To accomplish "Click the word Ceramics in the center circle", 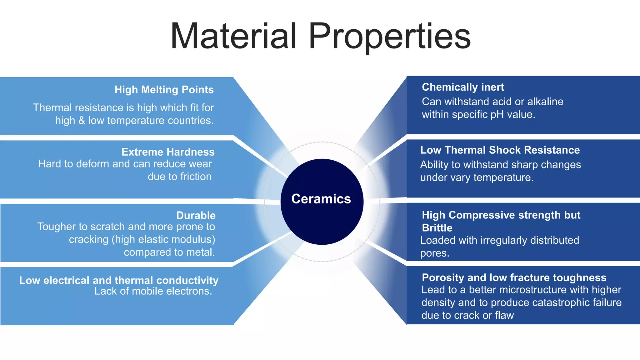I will pyautogui.click(x=321, y=199).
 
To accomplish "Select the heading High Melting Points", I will pyautogui.click(x=164, y=90).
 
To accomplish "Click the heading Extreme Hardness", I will pyautogui.click(x=168, y=152).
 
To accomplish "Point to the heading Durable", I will pyautogui.click(x=196, y=215).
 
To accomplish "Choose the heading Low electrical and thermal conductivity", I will pyautogui.click(x=119, y=280).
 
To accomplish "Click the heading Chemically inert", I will pyautogui.click(x=463, y=87).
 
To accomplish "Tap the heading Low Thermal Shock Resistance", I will pyautogui.click(x=500, y=150).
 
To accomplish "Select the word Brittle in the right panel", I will pyautogui.click(x=437, y=228).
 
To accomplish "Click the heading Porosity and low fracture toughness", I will pyautogui.click(x=514, y=277).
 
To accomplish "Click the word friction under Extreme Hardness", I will pyautogui.click(x=195, y=177).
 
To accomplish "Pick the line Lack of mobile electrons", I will pyautogui.click(x=153, y=291).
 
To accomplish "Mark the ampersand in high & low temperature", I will pyautogui.click(x=82, y=121).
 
